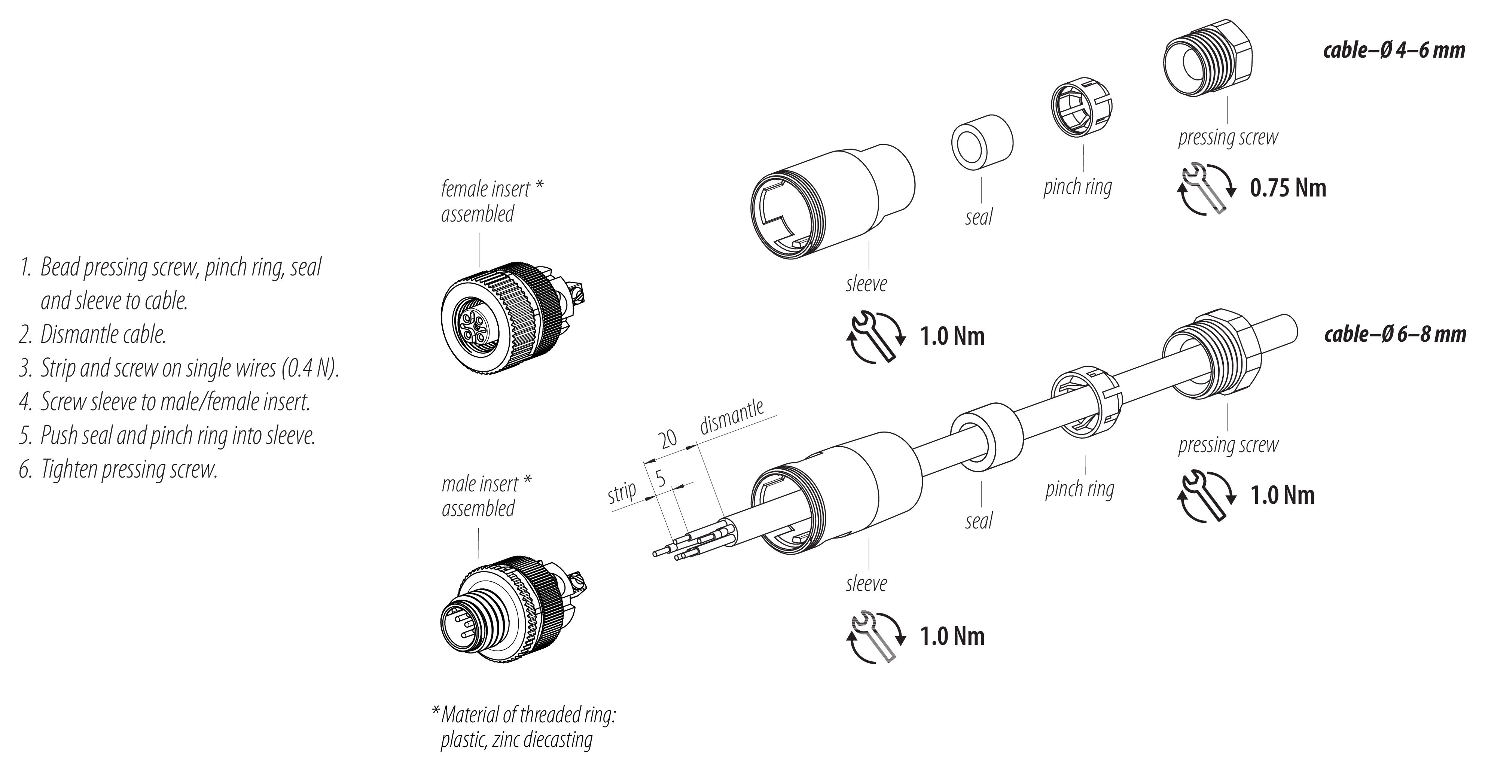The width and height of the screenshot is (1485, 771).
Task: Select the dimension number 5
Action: click(x=661, y=479)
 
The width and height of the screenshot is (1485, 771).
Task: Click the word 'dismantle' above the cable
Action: click(x=732, y=416)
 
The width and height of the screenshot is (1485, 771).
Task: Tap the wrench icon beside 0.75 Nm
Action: click(x=1204, y=189)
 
